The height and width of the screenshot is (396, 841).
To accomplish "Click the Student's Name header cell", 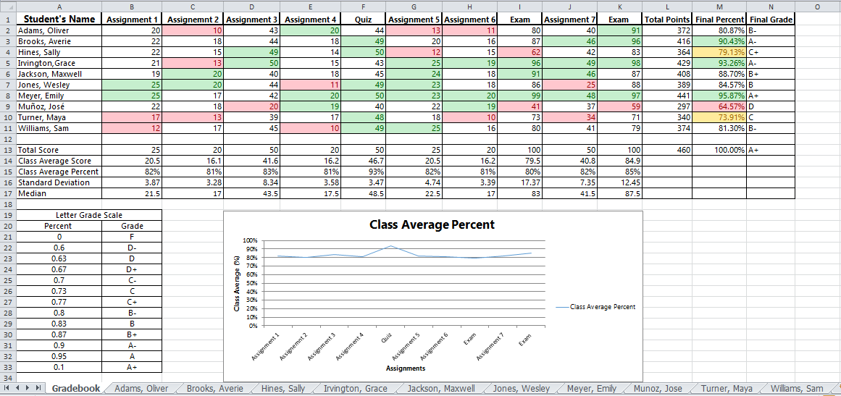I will (61, 20).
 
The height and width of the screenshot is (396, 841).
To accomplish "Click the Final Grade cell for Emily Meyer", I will (771, 96).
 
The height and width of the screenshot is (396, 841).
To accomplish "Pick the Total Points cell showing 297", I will (667, 106).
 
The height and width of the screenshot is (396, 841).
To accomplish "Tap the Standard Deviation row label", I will (54, 182).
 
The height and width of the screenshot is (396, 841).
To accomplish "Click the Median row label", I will (32, 193).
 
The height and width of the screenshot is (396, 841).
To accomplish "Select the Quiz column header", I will (359, 20).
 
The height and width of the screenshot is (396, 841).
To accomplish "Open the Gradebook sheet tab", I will (75, 389).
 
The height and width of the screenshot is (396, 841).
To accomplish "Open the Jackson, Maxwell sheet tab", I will (440, 389).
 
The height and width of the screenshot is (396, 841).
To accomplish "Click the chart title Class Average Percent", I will (432, 224).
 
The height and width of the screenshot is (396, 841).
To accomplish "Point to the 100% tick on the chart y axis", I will (250, 240).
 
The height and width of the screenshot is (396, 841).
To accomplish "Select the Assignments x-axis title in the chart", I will (406, 368).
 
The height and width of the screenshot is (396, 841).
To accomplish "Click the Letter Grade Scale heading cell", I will (89, 215).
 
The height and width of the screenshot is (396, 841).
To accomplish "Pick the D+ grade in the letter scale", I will (132, 269).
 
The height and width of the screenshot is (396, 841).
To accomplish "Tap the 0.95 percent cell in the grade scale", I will (59, 356).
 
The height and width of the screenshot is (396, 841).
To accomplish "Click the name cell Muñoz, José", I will (44, 106).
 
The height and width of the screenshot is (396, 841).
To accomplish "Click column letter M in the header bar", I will (719, 7).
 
